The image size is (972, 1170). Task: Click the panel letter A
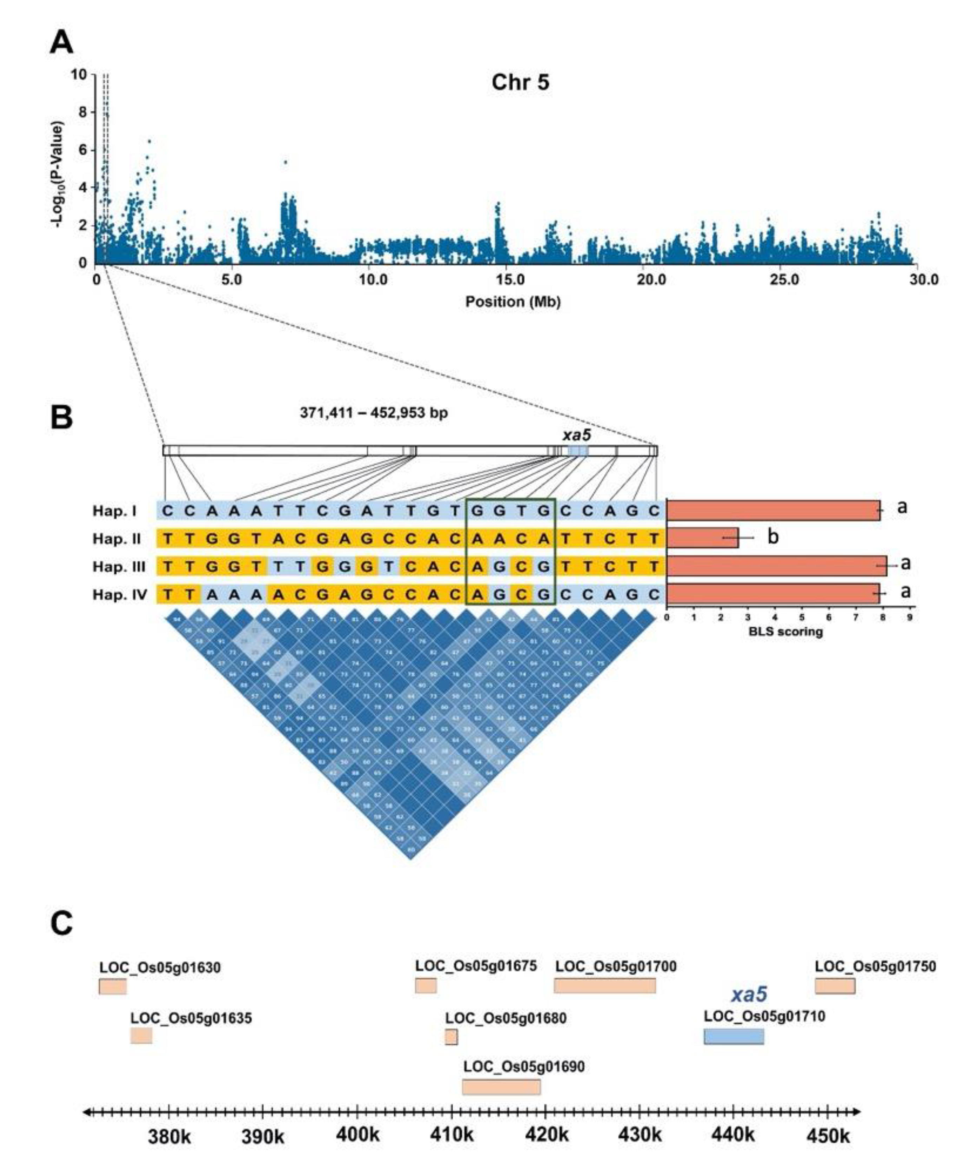coord(61,43)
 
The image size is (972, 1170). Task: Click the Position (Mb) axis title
coord(513,302)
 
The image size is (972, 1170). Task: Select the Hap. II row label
coord(117,539)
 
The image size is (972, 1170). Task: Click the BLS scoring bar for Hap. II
coord(702,538)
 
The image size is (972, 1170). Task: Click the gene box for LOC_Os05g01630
coord(113,986)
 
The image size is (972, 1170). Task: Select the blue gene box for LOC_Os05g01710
coord(734,1036)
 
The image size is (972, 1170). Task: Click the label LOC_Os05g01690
coord(524,1067)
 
